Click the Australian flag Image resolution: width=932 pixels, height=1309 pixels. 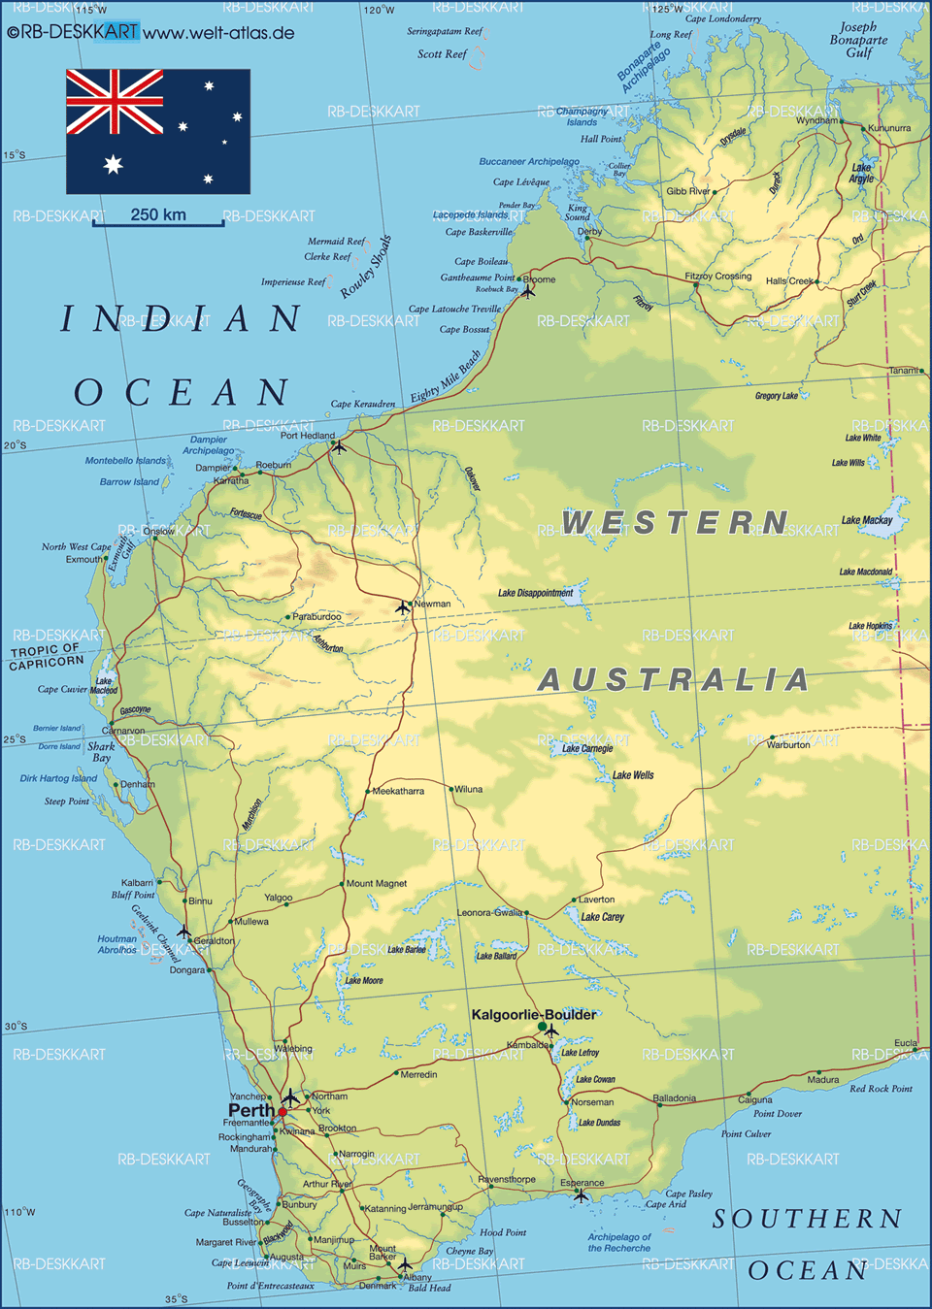pyautogui.click(x=158, y=131)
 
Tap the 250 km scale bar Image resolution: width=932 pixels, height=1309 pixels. pyautogui.click(x=158, y=222)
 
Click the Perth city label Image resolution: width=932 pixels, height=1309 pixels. pyautogui.click(x=250, y=1110)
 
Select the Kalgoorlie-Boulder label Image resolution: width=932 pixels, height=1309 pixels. pyautogui.click(x=533, y=1014)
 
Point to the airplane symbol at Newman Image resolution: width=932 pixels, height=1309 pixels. pyautogui.click(x=403, y=607)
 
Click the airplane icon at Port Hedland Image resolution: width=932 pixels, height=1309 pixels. pyautogui.click(x=338, y=446)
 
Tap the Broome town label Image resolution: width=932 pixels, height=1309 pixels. pyautogui.click(x=540, y=279)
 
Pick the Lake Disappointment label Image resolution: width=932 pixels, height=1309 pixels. pyautogui.click(x=535, y=593)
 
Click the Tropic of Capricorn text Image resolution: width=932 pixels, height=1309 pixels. pyautogui.click(x=46, y=657)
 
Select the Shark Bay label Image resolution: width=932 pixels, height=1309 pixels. pyautogui.click(x=101, y=752)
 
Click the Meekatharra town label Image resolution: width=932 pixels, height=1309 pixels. pyautogui.click(x=398, y=791)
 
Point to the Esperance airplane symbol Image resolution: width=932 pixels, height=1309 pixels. pyautogui.click(x=581, y=1195)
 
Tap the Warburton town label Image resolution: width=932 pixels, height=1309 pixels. pyautogui.click(x=787, y=745)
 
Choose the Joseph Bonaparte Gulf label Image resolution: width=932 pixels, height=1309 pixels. pyautogui.click(x=858, y=40)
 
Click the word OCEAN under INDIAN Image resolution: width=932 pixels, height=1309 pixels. pyautogui.click(x=182, y=393)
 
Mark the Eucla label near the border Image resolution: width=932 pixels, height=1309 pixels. pyautogui.click(x=905, y=1043)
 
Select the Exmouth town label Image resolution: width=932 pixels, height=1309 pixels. pyautogui.click(x=83, y=559)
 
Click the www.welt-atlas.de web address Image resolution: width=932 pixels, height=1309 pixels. pyautogui.click(x=218, y=33)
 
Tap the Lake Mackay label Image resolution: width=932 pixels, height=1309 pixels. pyautogui.click(x=867, y=520)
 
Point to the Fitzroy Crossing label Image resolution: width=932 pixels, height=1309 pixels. pyautogui.click(x=717, y=277)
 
